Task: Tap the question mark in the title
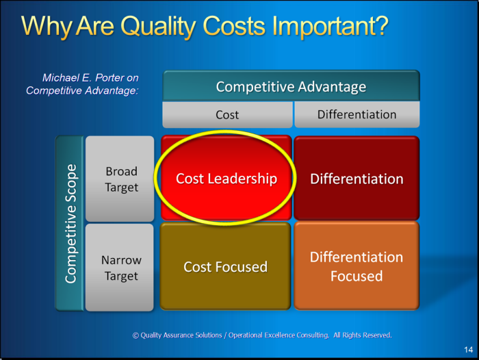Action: [380, 25]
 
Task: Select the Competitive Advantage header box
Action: [291, 86]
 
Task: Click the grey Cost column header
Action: [227, 114]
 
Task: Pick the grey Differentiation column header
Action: [357, 114]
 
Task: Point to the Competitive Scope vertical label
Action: [70, 223]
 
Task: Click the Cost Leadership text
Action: [226, 179]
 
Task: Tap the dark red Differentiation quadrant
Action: [357, 178]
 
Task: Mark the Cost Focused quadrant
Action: [225, 266]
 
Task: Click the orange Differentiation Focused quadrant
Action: [357, 266]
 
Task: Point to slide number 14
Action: [468, 350]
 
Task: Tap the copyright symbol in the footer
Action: [135, 335]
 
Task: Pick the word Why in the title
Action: [46, 27]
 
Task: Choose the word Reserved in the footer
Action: [378, 335]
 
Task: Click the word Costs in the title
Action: [234, 26]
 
